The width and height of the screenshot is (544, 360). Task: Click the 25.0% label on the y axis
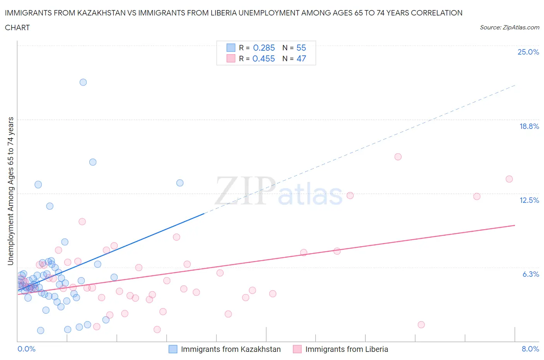[x=528, y=52]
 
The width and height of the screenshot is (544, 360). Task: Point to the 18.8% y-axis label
[x=529, y=126]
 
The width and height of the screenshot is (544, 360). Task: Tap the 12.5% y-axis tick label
[x=529, y=200]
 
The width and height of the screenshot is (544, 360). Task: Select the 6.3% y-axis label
[x=530, y=274]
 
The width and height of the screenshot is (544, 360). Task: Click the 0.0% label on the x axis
[x=26, y=349]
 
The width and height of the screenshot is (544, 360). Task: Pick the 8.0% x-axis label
[x=530, y=349]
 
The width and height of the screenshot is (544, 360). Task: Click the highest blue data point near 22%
[x=83, y=82]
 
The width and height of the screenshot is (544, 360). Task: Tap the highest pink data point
[x=398, y=157]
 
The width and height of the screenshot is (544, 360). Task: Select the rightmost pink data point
[x=509, y=179]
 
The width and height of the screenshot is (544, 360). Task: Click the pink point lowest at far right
[x=421, y=324]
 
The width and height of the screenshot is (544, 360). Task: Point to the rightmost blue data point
[x=180, y=183]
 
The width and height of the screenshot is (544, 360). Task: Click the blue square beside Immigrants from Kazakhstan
[x=173, y=349]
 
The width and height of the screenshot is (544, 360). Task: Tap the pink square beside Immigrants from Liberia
[x=297, y=349]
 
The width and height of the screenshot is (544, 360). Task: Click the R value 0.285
[x=264, y=48]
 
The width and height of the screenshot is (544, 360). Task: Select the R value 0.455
[x=263, y=58]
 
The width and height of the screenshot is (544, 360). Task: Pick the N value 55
[x=301, y=48]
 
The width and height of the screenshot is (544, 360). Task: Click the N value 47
[x=301, y=58]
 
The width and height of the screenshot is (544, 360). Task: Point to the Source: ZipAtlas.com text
[x=509, y=27]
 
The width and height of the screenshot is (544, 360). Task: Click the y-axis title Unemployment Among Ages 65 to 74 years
[x=10, y=191]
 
